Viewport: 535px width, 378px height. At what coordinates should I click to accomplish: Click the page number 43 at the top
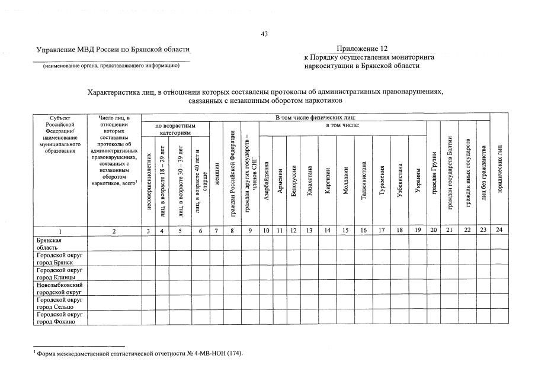pyautogui.click(x=264, y=34)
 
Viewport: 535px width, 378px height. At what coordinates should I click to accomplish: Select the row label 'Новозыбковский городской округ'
pyautogui.click(x=60, y=288)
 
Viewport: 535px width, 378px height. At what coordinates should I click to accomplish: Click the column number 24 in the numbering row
pyautogui.click(x=499, y=231)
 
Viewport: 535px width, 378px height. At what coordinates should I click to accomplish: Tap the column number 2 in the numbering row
pyautogui.click(x=114, y=231)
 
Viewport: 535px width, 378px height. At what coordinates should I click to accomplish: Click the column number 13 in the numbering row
pyautogui.click(x=309, y=231)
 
